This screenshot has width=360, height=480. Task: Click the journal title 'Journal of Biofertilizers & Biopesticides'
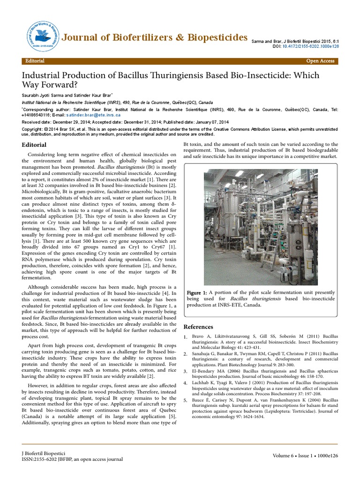coord(155,37)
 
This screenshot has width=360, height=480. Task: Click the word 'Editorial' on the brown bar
coord(35,61)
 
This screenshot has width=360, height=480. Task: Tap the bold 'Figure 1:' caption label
coord(197,292)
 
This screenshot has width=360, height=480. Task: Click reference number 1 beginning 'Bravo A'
coord(260,339)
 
